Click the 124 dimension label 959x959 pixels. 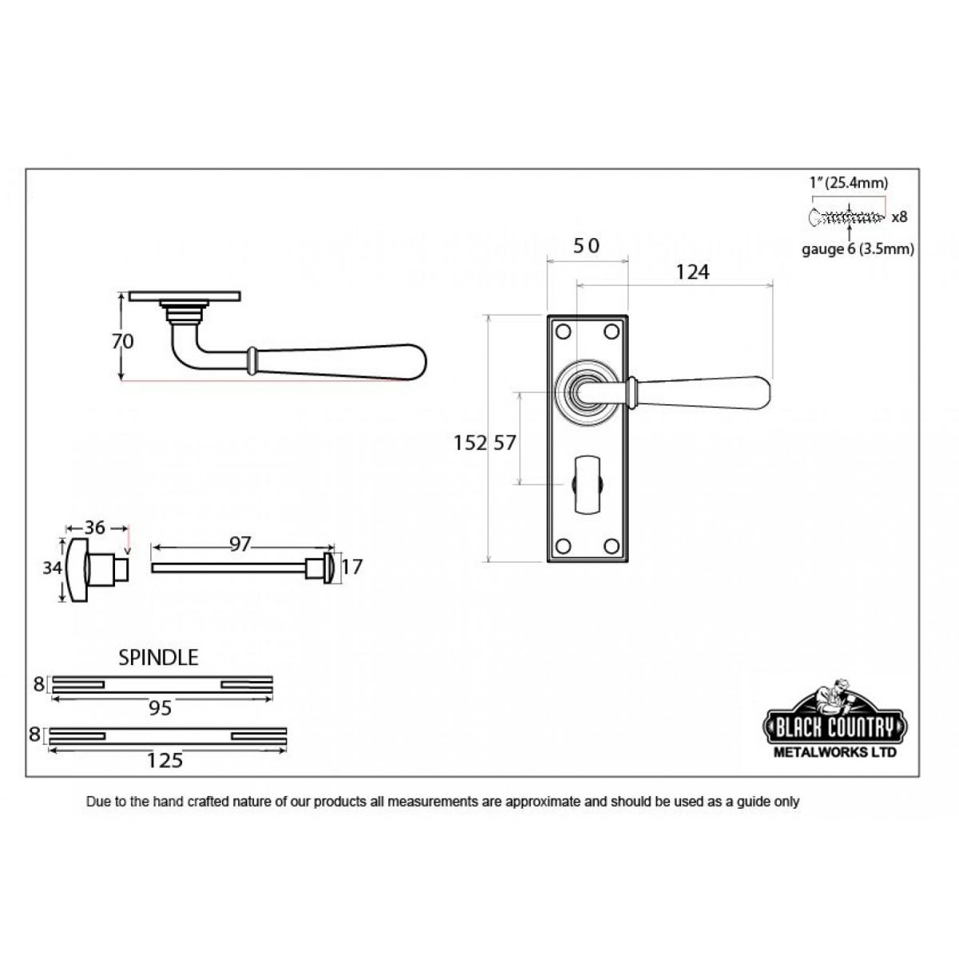(x=692, y=273)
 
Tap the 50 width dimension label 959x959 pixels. (x=586, y=246)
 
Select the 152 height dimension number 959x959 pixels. (x=470, y=442)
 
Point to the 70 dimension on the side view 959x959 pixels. (x=122, y=341)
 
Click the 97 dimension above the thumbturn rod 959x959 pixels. (x=240, y=544)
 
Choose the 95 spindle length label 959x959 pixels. (x=160, y=708)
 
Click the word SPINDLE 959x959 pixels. (x=158, y=658)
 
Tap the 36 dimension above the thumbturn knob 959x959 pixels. (x=95, y=527)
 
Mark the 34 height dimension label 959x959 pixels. (x=52, y=568)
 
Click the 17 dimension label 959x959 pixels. (x=352, y=567)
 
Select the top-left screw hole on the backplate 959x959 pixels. (x=563, y=331)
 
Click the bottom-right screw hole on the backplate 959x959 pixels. (x=613, y=545)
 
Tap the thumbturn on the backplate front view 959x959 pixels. (x=588, y=483)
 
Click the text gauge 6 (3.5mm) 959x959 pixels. (x=858, y=249)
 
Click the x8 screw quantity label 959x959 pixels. (x=899, y=216)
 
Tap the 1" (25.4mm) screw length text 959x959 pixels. (x=848, y=183)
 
